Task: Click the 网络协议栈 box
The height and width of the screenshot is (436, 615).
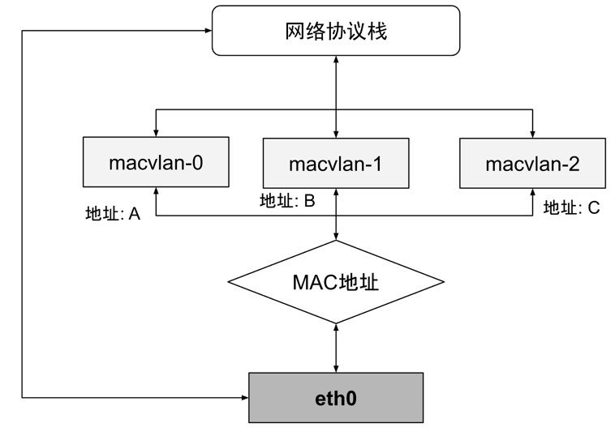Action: (336, 31)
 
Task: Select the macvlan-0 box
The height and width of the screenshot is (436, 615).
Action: (156, 162)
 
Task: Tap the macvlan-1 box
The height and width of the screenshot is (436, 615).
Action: (336, 163)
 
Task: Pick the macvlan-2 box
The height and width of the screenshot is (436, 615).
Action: (532, 163)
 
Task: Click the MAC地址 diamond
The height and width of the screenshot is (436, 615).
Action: (336, 282)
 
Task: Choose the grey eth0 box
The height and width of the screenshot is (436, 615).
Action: (336, 398)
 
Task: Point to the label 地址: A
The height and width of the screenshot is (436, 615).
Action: (113, 214)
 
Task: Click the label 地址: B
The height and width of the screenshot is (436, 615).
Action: (287, 201)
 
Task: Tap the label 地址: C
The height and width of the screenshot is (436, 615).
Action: (571, 207)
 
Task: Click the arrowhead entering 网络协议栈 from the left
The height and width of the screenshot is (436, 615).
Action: (209, 31)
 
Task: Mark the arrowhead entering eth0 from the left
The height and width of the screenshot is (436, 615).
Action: (245, 398)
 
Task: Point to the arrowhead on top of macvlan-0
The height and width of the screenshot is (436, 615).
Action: (156, 133)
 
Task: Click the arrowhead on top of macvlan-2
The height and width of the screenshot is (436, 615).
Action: (532, 135)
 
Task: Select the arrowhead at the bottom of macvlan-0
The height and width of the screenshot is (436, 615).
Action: (156, 191)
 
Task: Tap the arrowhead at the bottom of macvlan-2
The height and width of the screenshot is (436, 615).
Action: (532, 192)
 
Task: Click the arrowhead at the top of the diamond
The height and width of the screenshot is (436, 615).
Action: (336, 236)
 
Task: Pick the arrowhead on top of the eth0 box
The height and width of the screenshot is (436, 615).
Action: (336, 369)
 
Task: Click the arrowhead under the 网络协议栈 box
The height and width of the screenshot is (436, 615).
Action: (336, 59)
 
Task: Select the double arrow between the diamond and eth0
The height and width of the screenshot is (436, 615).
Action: (336, 348)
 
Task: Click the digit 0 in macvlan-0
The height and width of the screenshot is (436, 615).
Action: (198, 162)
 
